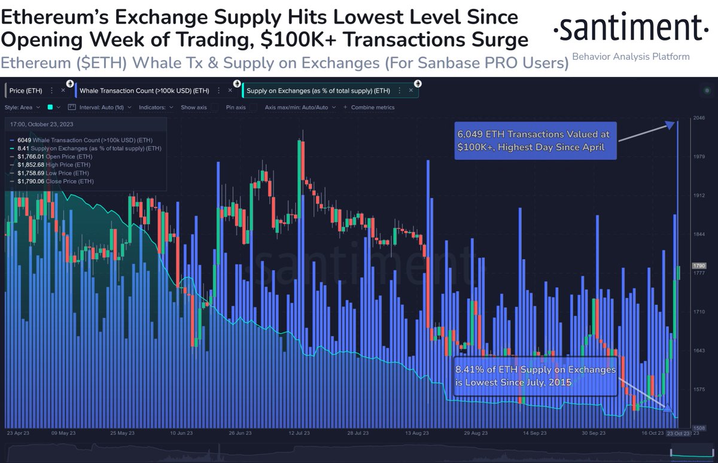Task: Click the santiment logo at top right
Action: [x=628, y=28]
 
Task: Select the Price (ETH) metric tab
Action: [x=25, y=90]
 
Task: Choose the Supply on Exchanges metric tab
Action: [x=318, y=90]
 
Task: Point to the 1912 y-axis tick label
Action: [x=699, y=196]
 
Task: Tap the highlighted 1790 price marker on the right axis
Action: [x=699, y=266]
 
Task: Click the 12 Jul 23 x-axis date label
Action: [x=298, y=432]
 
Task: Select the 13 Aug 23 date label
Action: [x=417, y=432]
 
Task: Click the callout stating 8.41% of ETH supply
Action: [x=535, y=376]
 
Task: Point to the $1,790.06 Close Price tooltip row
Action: [x=55, y=181]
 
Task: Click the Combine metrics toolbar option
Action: [x=375, y=108]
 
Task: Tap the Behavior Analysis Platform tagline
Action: [x=631, y=57]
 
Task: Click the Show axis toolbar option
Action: [x=194, y=108]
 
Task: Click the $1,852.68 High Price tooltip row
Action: [x=55, y=165]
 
